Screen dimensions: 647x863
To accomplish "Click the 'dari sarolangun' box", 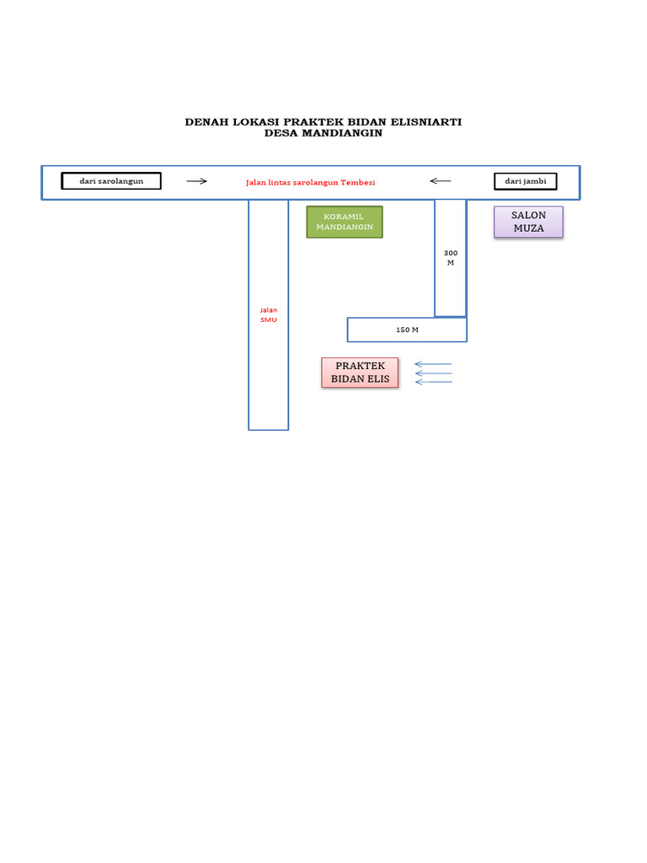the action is (x=111, y=181).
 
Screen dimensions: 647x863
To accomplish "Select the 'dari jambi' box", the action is (x=526, y=181).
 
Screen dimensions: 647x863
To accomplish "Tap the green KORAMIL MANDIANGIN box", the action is (x=345, y=222).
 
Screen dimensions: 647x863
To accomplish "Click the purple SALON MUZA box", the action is (x=529, y=222).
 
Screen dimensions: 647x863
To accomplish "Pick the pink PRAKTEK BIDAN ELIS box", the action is (x=360, y=373).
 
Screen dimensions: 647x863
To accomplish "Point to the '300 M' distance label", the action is (x=451, y=258).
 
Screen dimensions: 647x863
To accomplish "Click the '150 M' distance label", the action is (x=407, y=330).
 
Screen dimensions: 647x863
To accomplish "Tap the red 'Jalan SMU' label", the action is (x=269, y=315).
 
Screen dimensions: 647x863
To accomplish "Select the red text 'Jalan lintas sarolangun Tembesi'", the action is (x=310, y=182).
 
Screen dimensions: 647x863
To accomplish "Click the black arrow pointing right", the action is (x=196, y=181).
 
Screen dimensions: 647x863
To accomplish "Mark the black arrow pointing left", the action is (x=440, y=181).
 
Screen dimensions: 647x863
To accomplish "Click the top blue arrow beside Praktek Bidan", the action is (x=433, y=364).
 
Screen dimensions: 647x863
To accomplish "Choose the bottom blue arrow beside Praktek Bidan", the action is (x=434, y=382).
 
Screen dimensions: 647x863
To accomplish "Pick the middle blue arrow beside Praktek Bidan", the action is (x=434, y=373).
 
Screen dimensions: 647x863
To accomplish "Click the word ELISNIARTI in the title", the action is (x=426, y=122).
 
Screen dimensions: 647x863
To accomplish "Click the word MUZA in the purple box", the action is (x=529, y=228).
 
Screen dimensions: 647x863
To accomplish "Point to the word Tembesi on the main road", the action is (x=357, y=182).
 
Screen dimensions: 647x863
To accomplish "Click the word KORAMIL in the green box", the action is (x=344, y=217).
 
